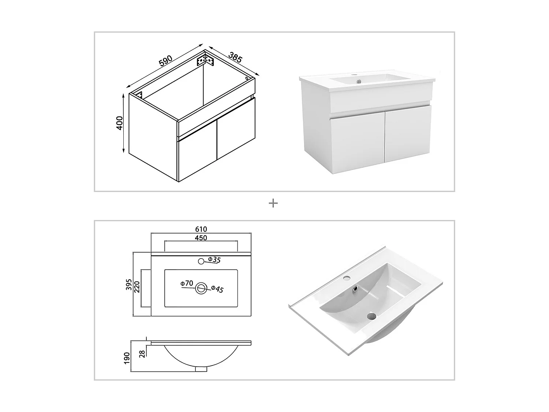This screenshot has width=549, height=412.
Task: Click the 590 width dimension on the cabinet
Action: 166,61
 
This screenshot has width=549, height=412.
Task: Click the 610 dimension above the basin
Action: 201,229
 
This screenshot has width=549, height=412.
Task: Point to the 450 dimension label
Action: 201,238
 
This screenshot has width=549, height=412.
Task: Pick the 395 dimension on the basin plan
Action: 129,284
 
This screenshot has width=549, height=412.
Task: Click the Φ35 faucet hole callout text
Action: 214,260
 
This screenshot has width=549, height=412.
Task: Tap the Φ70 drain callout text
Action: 187,283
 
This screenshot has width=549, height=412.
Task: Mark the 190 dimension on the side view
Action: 127,358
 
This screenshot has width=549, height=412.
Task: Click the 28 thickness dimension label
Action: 142,353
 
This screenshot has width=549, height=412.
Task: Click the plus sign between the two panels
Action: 273,203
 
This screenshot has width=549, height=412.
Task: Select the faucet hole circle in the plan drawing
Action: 201,261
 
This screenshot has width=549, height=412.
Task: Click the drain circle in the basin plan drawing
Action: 201,288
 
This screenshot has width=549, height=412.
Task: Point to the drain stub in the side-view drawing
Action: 201,369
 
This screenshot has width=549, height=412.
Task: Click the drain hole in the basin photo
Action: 372,315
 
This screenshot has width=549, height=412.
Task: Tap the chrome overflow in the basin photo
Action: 354,290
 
